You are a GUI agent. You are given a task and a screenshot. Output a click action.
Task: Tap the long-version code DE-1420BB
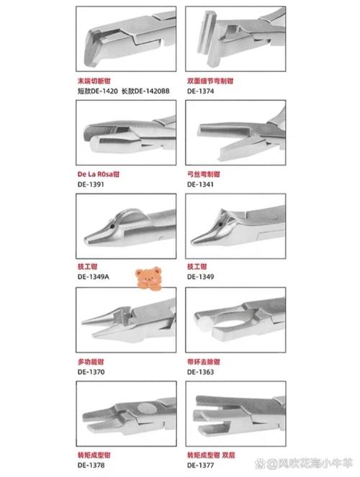point(149,92)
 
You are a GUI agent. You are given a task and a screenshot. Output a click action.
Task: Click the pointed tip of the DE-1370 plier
point(82,322)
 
